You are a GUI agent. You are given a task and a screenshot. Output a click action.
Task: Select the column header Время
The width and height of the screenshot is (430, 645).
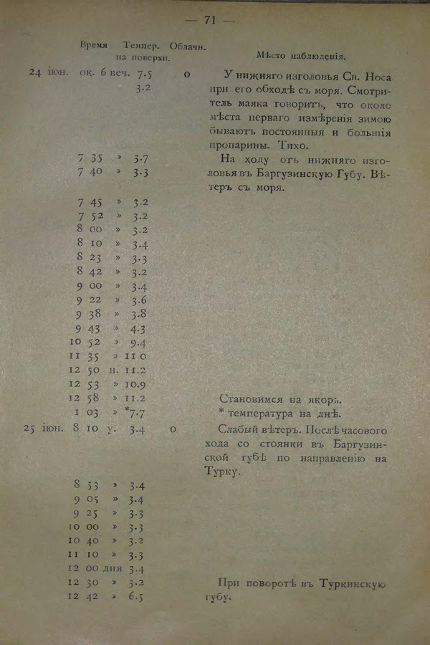(94, 44)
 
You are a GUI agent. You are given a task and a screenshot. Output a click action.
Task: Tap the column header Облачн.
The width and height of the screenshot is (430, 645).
(188, 46)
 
